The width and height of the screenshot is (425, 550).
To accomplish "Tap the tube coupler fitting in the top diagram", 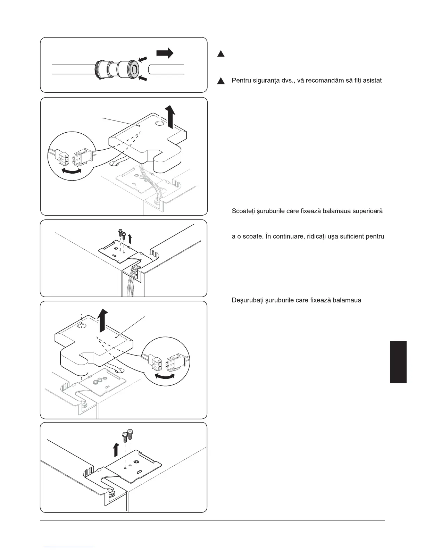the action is click(117, 69).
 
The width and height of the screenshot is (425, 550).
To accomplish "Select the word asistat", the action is click(372, 81).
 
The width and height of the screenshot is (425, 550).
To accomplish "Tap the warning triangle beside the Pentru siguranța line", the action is click(220, 81).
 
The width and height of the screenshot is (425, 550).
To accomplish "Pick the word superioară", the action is click(368, 211).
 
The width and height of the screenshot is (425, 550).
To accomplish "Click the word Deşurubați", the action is click(247, 300).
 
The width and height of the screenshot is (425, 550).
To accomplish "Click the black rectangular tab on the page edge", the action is click(398, 362).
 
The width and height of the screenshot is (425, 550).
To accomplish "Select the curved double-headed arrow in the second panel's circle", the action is click(71, 170).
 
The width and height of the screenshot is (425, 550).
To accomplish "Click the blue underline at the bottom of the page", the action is click(69, 547).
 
